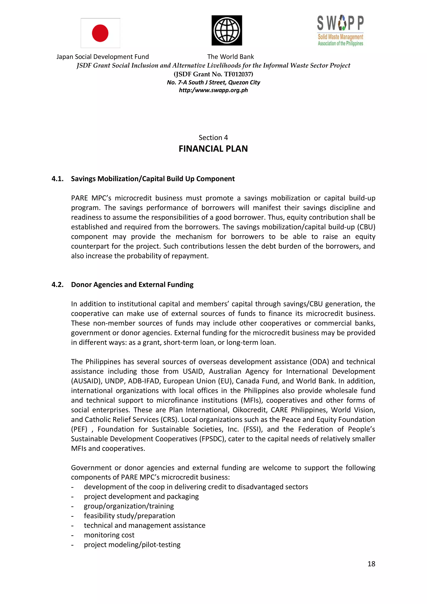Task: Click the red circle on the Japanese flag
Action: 100,33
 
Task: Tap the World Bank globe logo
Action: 227,30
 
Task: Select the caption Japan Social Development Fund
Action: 103,57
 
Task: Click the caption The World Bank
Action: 230,57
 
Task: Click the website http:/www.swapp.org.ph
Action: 213,90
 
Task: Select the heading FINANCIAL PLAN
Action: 213,149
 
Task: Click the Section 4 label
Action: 213,138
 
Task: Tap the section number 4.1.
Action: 57,179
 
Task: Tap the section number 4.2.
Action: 57,285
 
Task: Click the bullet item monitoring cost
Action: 109,535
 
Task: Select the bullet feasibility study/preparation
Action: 129,516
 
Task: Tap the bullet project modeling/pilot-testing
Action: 132,545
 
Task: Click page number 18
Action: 371,564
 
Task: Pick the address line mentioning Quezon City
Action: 213,83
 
